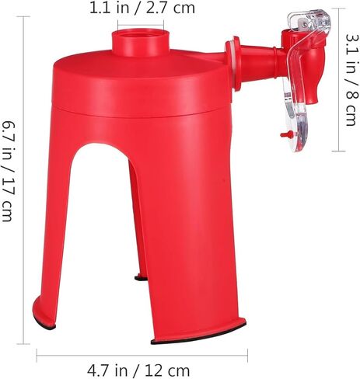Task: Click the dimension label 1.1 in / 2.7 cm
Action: click(x=142, y=9)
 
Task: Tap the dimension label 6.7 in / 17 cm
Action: click(x=9, y=171)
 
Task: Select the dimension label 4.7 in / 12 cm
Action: click(x=138, y=371)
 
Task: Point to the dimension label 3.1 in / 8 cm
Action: click(x=352, y=80)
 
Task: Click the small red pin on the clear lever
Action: click(x=286, y=134)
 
